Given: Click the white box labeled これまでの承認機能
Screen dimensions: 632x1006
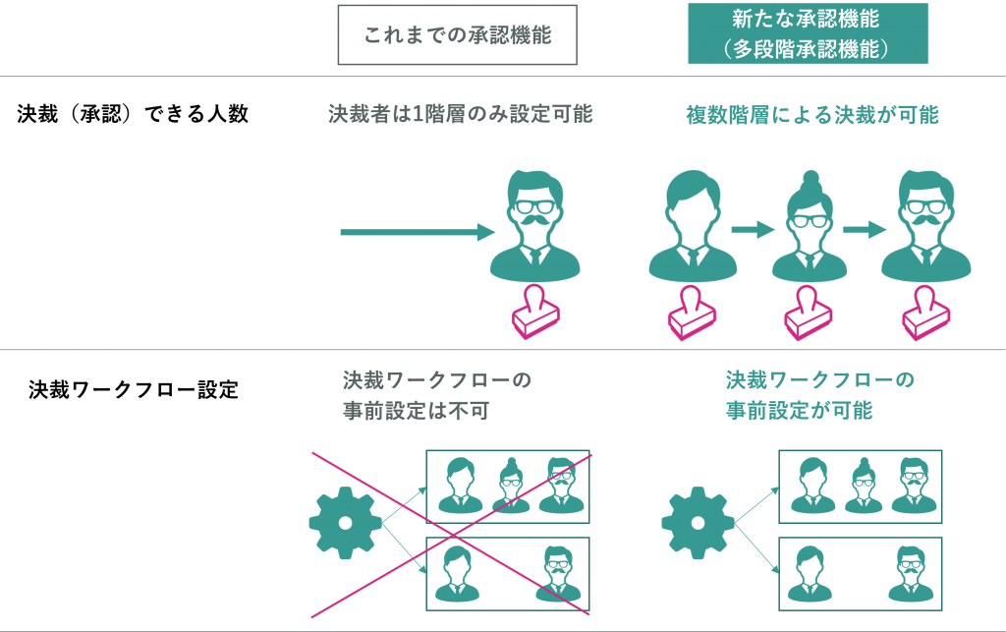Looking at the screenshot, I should pyautogui.click(x=457, y=35).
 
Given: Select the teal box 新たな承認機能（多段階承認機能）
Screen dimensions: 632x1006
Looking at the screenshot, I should pyautogui.click(x=808, y=33).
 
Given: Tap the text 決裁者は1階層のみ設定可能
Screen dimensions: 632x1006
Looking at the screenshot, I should pyautogui.click(x=460, y=114).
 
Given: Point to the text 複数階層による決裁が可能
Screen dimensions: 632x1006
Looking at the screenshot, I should pyautogui.click(x=811, y=115).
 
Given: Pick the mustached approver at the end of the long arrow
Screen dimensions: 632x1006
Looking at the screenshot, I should pyautogui.click(x=535, y=227).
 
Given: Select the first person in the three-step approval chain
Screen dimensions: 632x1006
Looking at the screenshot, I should pyautogui.click(x=693, y=228).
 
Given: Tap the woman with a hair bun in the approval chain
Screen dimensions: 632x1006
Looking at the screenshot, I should pyautogui.click(x=809, y=228).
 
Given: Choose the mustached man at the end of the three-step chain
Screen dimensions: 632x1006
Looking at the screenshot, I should pyautogui.click(x=925, y=227).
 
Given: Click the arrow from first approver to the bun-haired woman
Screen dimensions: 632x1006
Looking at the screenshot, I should pyautogui.click(x=753, y=229).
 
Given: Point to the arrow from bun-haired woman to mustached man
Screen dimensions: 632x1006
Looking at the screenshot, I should pyautogui.click(x=866, y=229).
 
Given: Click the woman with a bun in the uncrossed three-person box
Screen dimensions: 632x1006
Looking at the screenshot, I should pyautogui.click(x=862, y=486).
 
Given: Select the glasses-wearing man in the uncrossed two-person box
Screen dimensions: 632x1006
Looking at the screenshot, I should pyautogui.click(x=909, y=573).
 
